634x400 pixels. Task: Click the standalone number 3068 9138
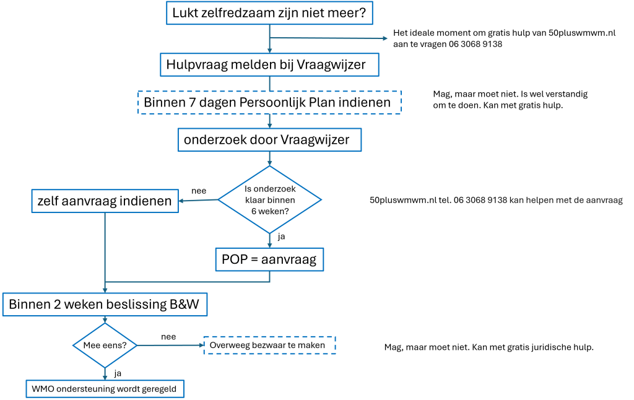(481, 45)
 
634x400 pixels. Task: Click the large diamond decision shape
(269, 199)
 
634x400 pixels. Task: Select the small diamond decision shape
(105, 345)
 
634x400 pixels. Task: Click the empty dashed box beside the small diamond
(270, 345)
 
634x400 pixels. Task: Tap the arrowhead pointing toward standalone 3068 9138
(384, 38)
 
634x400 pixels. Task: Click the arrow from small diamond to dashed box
(170, 345)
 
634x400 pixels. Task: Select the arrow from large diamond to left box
(198, 200)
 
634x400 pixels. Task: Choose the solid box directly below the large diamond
(269, 259)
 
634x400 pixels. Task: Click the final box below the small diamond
(105, 389)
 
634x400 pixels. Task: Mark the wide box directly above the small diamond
(105, 305)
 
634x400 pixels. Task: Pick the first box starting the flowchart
(269, 13)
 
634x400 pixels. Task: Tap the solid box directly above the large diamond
(269, 140)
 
